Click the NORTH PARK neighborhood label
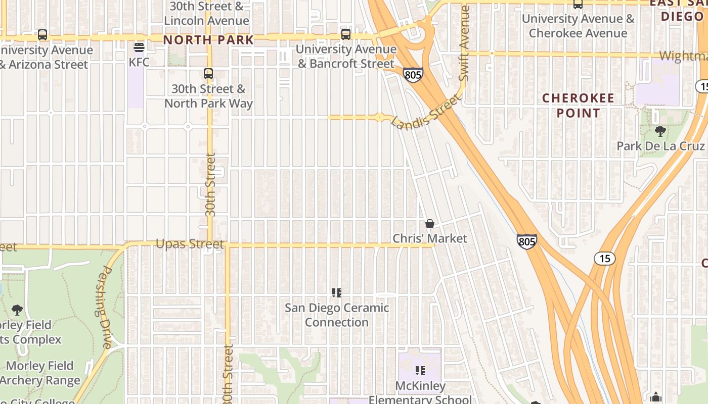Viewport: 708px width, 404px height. pos(208,40)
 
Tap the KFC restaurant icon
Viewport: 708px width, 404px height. pos(139,48)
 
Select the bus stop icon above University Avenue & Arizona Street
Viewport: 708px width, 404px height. pos(42,35)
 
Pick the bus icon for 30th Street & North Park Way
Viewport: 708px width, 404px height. pos(208,74)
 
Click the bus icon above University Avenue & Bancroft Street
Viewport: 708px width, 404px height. pos(346,34)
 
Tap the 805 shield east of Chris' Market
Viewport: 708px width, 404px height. pos(526,241)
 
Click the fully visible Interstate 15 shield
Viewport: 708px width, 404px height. pos(605,259)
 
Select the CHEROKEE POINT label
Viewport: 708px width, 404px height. pos(578,105)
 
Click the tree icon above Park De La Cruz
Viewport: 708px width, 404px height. pos(660,132)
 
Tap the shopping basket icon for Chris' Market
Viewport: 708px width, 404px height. pos(430,224)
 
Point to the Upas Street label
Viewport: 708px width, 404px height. pos(190,244)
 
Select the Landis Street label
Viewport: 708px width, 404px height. pos(426,113)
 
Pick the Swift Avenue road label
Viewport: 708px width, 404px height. pos(464,43)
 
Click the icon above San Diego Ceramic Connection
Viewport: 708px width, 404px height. pos(337,293)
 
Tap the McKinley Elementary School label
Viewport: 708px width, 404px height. pos(420,392)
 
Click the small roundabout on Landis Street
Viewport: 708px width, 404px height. pos(380,117)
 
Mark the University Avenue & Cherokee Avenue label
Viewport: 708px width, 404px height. pos(578,26)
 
